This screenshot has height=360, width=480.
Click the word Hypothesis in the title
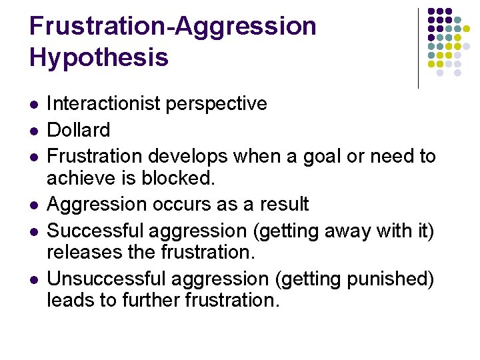tap(99, 58)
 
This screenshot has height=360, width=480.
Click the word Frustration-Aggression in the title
tap(173, 26)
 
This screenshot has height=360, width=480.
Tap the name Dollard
tap(79, 130)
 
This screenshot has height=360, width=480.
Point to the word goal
tap(321, 157)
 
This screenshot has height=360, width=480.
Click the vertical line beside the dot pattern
tap(418, 47)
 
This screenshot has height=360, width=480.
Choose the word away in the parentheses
tap(361, 231)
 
